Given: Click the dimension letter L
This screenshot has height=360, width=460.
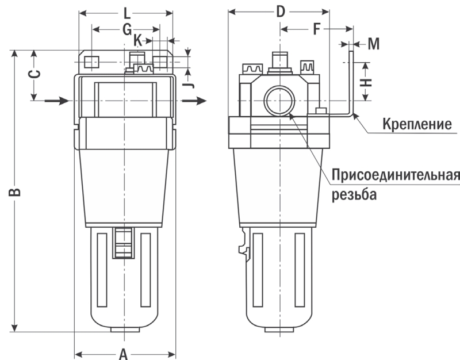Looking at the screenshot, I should pyautogui.click(x=126, y=12).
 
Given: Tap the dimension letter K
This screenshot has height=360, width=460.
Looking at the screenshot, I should pyautogui.click(x=137, y=40).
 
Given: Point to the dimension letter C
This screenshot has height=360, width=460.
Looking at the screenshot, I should pyautogui.click(x=34, y=74).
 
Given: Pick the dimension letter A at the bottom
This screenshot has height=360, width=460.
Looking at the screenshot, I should pyautogui.click(x=122, y=354).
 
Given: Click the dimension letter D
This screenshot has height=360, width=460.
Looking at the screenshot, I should pyautogui.click(x=281, y=11).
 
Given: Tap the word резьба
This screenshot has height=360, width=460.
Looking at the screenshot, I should pyautogui.click(x=354, y=194).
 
